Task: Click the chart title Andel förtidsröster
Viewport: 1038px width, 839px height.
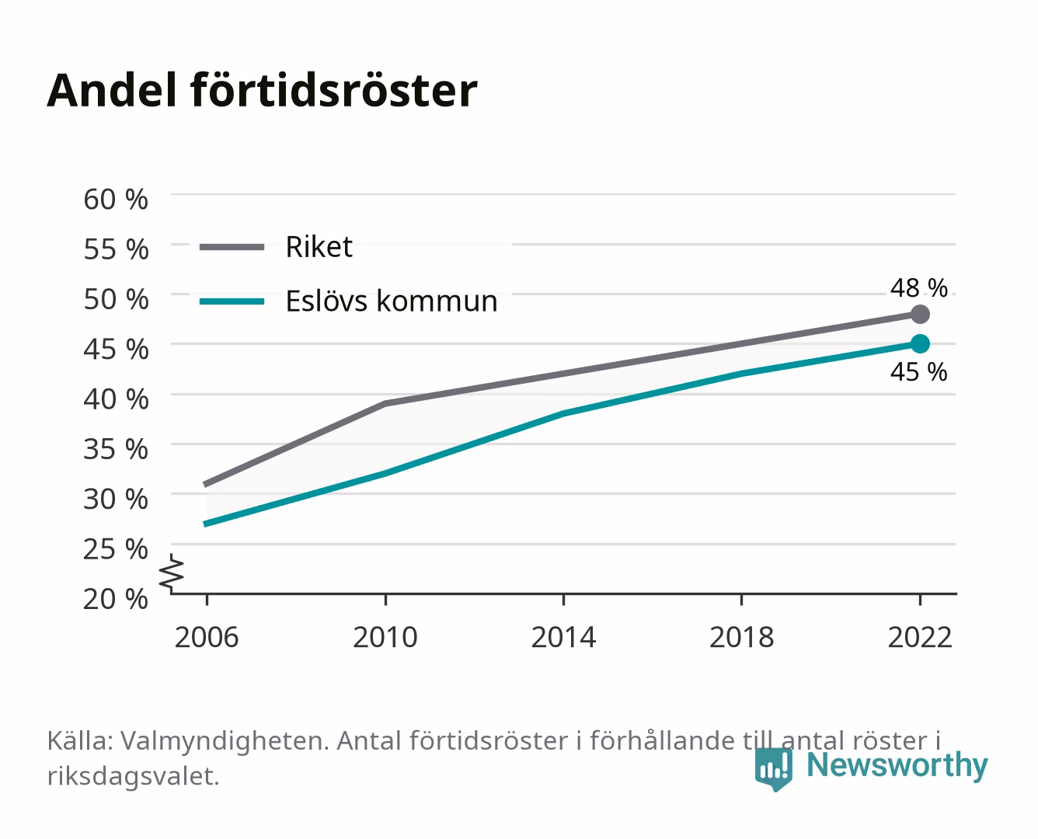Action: (x=262, y=91)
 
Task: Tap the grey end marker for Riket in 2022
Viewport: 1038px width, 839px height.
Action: (x=920, y=315)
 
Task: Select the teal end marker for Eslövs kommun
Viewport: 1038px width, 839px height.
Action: (x=920, y=344)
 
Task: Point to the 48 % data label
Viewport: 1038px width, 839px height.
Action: (x=918, y=288)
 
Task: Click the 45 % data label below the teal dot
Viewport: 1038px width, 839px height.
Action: (x=918, y=372)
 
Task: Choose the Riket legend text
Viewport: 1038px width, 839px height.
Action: (x=319, y=247)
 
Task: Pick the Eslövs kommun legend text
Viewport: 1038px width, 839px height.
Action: (x=392, y=301)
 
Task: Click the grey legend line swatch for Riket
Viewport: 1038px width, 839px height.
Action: (x=232, y=247)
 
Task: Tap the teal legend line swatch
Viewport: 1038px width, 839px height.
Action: (x=232, y=301)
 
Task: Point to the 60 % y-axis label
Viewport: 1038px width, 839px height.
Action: (x=116, y=200)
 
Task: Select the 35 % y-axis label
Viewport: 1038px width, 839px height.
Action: (x=116, y=449)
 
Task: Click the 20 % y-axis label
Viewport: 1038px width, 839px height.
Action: (x=116, y=599)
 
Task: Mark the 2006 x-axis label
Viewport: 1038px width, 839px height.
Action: (x=207, y=637)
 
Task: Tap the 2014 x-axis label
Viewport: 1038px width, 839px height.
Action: (x=563, y=637)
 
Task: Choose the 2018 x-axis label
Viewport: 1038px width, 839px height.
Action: (x=741, y=637)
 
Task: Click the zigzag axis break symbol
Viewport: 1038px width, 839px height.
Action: (x=172, y=573)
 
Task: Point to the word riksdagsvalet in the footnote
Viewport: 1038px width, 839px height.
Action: (x=133, y=776)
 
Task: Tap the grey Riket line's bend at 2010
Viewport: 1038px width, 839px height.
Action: (x=385, y=403)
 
